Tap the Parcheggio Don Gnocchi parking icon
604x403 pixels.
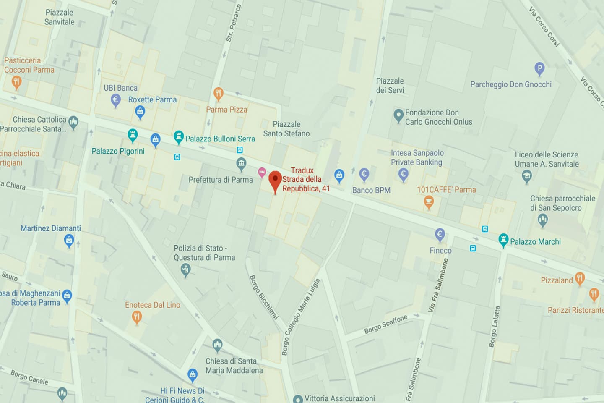[539, 68]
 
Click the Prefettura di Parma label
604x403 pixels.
[221, 180]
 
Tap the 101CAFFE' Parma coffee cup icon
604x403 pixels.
[428, 202]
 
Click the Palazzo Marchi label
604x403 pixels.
[535, 242]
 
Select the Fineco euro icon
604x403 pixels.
[440, 235]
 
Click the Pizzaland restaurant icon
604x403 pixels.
[580, 277]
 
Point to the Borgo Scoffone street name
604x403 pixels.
[385, 324]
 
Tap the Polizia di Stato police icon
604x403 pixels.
[185, 270]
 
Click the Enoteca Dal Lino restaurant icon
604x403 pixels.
[137, 317]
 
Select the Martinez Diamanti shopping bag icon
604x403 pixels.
[69, 241]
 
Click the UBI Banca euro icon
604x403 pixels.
[116, 100]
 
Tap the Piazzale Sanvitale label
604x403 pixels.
[60, 17]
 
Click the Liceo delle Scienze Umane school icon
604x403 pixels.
[527, 177]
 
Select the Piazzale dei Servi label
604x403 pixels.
[390, 86]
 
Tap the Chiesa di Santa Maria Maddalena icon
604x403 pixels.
[217, 345]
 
